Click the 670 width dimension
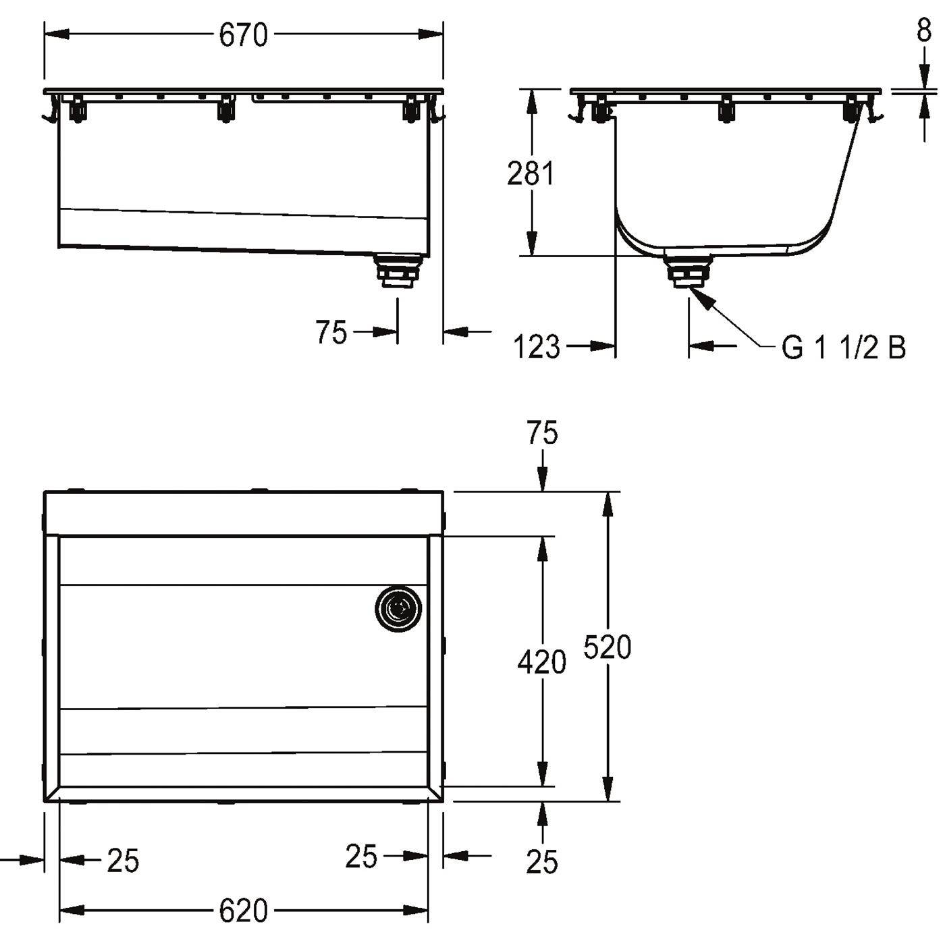[243, 35]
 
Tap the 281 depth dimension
[531, 173]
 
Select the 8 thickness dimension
[924, 31]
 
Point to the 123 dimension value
[537, 347]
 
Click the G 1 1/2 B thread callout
[844, 348]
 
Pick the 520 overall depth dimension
[607, 647]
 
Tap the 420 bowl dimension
[542, 662]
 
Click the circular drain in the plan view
[398, 609]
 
